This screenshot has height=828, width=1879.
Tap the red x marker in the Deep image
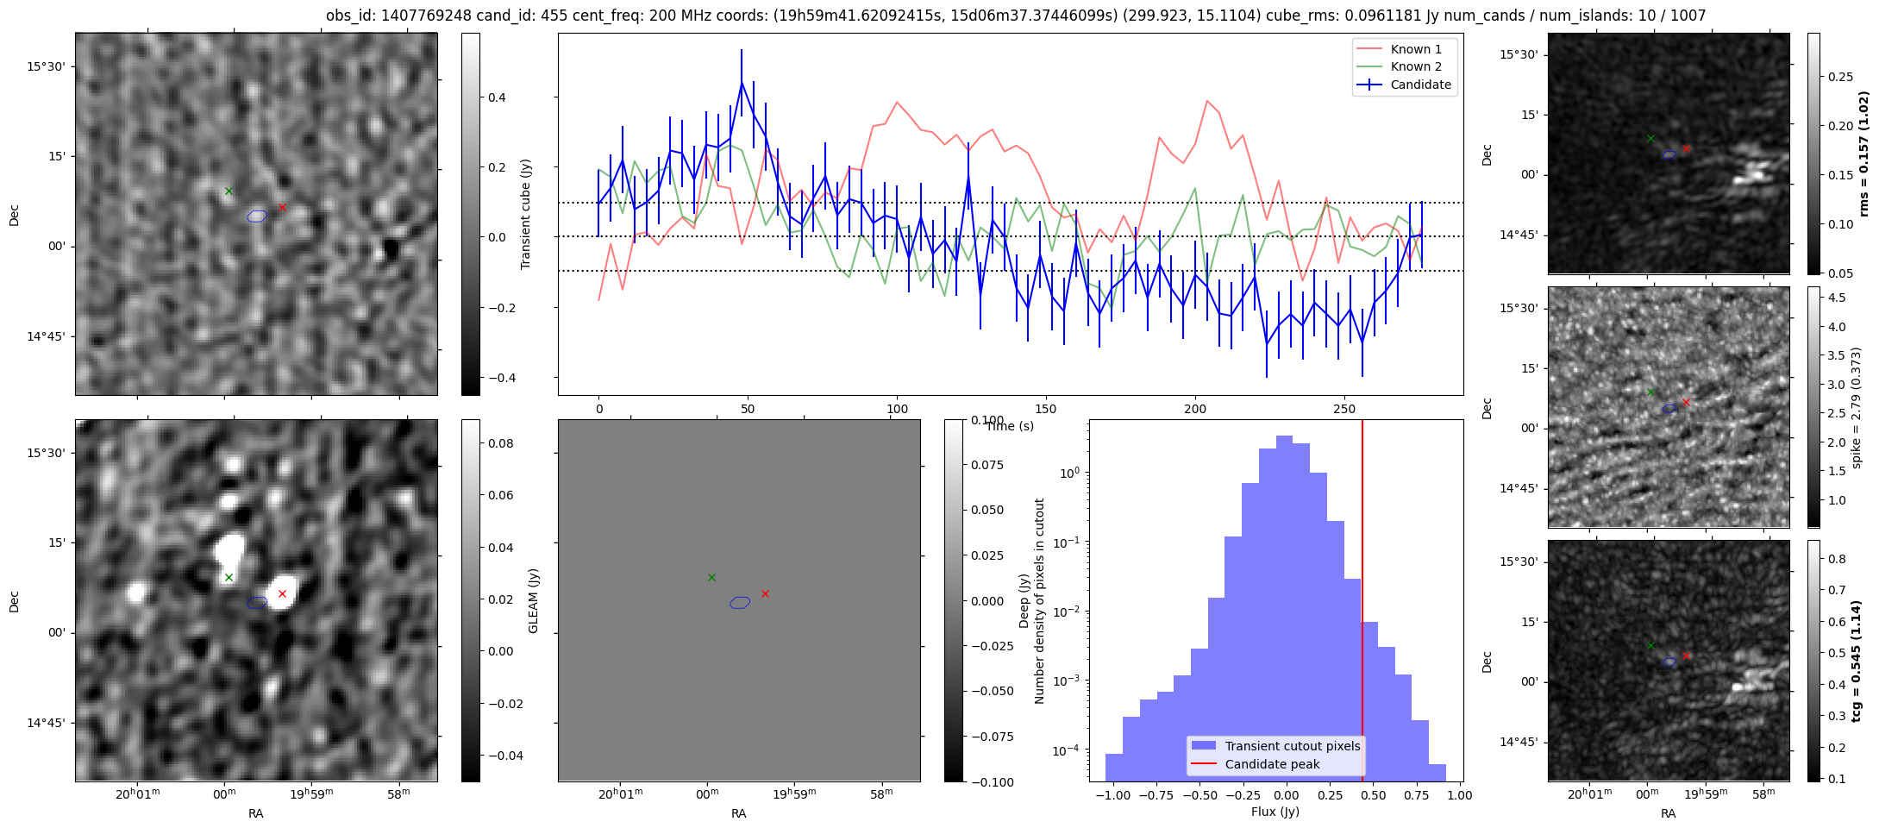(x=282, y=593)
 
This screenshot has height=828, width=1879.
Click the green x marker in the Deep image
(x=229, y=577)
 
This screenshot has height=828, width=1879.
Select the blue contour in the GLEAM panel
(x=739, y=603)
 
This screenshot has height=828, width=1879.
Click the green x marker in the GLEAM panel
(x=711, y=577)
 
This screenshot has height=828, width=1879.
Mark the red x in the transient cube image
(x=282, y=207)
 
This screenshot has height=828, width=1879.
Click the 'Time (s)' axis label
(x=1009, y=426)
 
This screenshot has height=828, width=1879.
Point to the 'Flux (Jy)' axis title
(x=1275, y=812)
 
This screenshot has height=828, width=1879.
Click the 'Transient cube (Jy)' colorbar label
(x=526, y=214)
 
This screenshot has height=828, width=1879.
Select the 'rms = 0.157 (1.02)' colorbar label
(x=1863, y=154)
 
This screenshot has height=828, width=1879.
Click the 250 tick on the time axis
(x=1344, y=409)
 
